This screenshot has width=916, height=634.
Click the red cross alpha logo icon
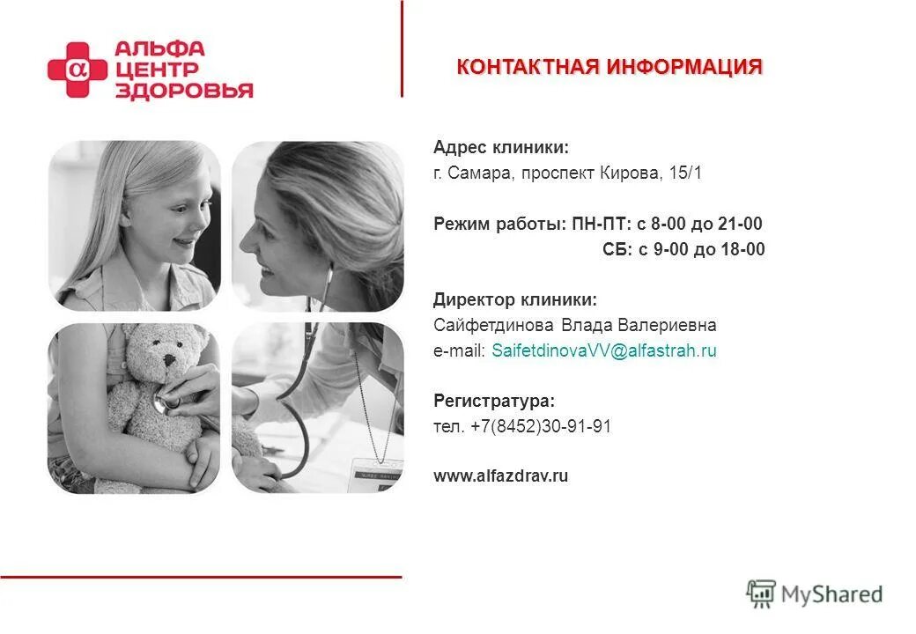coord(77,70)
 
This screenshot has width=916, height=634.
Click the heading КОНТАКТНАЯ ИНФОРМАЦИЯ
coord(609,68)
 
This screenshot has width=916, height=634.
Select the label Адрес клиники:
coord(500,148)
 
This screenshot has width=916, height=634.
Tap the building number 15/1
coord(685,173)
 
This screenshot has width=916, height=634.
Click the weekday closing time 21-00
coord(742,225)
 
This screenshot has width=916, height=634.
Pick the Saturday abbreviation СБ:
coord(617,250)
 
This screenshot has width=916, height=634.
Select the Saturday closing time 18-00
coord(744,250)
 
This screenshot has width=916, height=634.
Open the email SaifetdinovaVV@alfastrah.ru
coord(603,351)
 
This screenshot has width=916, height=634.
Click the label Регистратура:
coord(494,402)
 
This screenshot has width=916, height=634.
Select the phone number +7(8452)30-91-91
coord(541,427)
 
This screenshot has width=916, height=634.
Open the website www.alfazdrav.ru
coord(500,476)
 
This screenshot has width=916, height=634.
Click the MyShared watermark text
coord(831,594)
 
